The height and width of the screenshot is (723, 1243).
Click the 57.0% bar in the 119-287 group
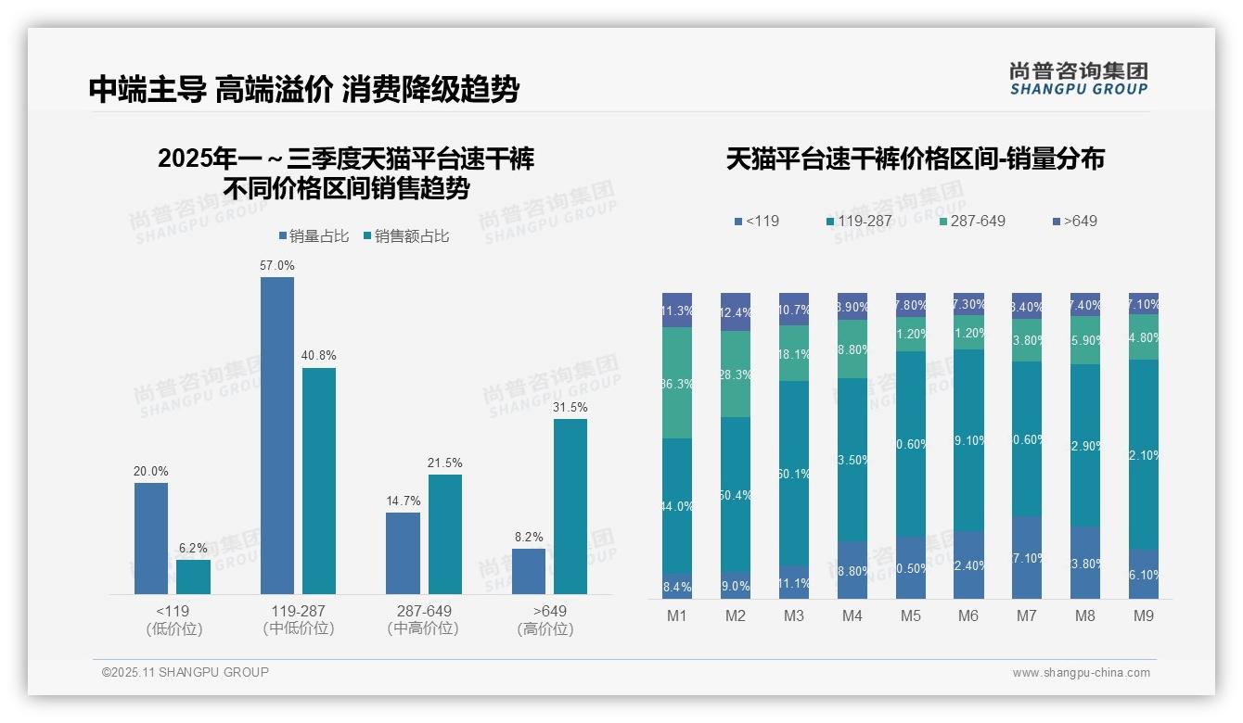click(x=276, y=436)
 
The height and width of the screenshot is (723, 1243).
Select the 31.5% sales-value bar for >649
click(x=570, y=506)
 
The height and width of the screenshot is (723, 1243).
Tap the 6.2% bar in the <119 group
click(x=193, y=577)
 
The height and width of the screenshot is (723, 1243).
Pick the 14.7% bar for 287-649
click(x=403, y=552)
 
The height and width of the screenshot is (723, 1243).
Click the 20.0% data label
click(x=150, y=471)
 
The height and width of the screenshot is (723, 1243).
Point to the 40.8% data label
click(x=319, y=355)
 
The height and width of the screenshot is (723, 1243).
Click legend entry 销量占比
click(x=314, y=236)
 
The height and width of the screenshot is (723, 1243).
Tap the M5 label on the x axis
click(x=910, y=615)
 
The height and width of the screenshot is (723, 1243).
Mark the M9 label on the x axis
click(x=1143, y=615)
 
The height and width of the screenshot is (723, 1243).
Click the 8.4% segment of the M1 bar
click(x=677, y=586)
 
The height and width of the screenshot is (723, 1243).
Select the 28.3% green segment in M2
click(x=736, y=374)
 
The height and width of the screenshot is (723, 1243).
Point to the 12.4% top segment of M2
click(x=736, y=311)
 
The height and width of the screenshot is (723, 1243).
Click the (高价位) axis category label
click(x=545, y=629)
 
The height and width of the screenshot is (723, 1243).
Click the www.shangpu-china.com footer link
click(x=1081, y=673)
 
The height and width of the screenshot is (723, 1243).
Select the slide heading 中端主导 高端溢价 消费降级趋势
click(x=303, y=89)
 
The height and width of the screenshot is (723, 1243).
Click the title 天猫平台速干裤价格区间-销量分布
click(x=915, y=159)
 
